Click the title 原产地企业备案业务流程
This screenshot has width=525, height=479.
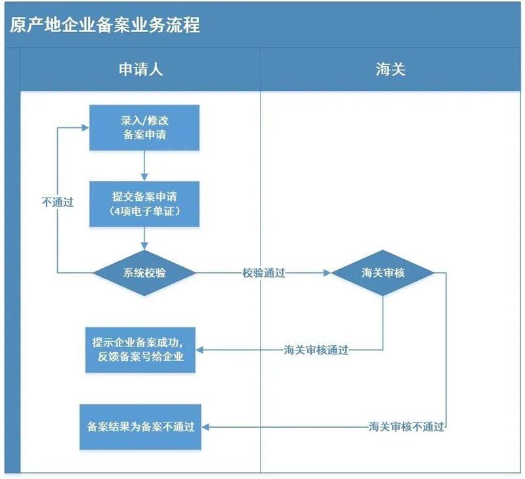105,25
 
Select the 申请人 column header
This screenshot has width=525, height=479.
140,70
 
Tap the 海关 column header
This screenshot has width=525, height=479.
390,70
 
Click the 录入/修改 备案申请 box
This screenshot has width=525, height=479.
144,127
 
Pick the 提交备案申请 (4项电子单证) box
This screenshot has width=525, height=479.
144,203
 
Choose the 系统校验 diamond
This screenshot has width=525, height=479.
144,272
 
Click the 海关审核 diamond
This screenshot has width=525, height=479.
383,272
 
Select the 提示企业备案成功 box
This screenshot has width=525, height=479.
140,350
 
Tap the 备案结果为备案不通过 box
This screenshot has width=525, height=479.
140,427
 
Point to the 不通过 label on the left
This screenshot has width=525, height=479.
57,202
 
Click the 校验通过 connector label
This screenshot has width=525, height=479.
263,273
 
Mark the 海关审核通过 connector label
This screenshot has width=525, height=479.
316,350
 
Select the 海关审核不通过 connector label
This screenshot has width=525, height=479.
406,427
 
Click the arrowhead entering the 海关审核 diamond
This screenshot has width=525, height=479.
327,272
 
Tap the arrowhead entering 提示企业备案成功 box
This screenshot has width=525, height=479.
201,350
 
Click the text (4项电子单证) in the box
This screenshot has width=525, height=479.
144,211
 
